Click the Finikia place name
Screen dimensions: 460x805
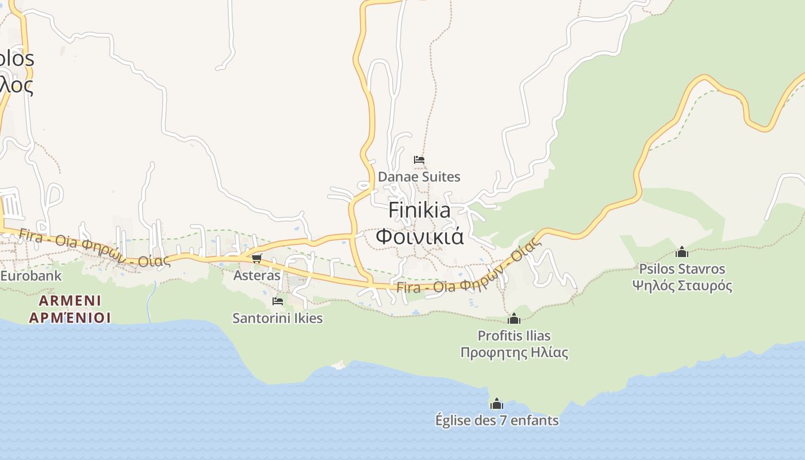pyautogui.click(x=419, y=210)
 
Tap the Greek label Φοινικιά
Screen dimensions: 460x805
pyautogui.click(x=419, y=236)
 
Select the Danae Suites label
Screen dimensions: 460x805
pyautogui.click(x=419, y=177)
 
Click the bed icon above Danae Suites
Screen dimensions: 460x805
pyautogui.click(x=419, y=160)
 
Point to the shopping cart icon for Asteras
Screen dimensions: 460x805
pyautogui.click(x=257, y=258)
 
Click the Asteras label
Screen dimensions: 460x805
pyautogui.click(x=257, y=275)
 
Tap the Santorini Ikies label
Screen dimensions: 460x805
pyautogui.click(x=278, y=318)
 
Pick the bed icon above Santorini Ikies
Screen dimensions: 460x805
pyautogui.click(x=278, y=301)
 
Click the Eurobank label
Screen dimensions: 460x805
pyautogui.click(x=30, y=275)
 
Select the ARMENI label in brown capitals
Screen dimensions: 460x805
pyautogui.click(x=70, y=301)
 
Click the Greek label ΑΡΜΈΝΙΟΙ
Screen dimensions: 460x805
pyautogui.click(x=70, y=318)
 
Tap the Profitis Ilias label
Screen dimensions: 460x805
pyautogui.click(x=514, y=335)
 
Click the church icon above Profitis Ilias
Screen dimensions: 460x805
pyautogui.click(x=514, y=319)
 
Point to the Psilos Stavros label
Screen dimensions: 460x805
pyautogui.click(x=682, y=269)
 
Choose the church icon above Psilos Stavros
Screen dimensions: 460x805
pyautogui.click(x=682, y=252)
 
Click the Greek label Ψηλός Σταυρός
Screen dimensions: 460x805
pyautogui.click(x=682, y=286)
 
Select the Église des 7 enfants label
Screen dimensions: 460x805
pyautogui.click(x=497, y=420)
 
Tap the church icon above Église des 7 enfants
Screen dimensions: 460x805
pyautogui.click(x=497, y=404)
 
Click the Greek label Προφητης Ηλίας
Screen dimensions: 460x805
pyautogui.click(x=514, y=352)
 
